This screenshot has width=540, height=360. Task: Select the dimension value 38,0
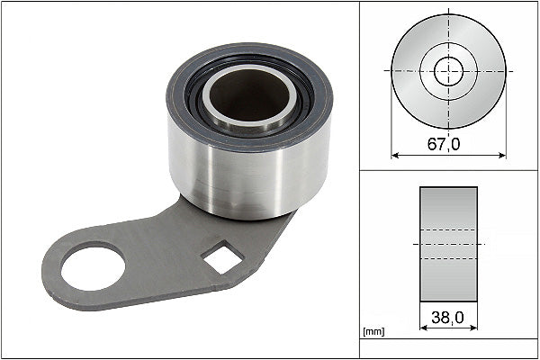[x=448, y=316]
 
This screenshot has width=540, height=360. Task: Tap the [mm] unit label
[x=373, y=332]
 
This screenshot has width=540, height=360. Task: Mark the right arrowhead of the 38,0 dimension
[x=473, y=327]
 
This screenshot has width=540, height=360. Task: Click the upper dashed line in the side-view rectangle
[x=448, y=229]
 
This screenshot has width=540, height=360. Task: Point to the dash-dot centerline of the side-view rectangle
[x=448, y=244]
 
